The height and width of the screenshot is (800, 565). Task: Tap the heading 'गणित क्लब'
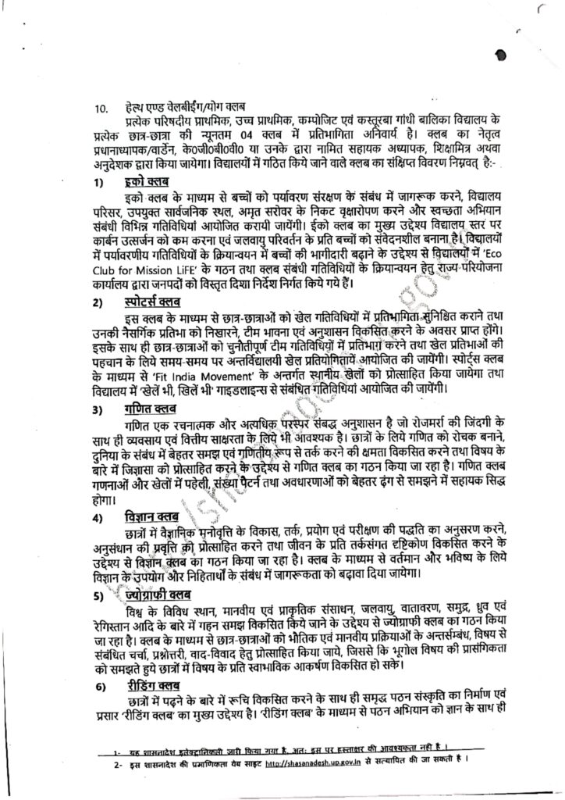[151, 410]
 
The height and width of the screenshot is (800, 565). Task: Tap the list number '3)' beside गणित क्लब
[98, 411]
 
